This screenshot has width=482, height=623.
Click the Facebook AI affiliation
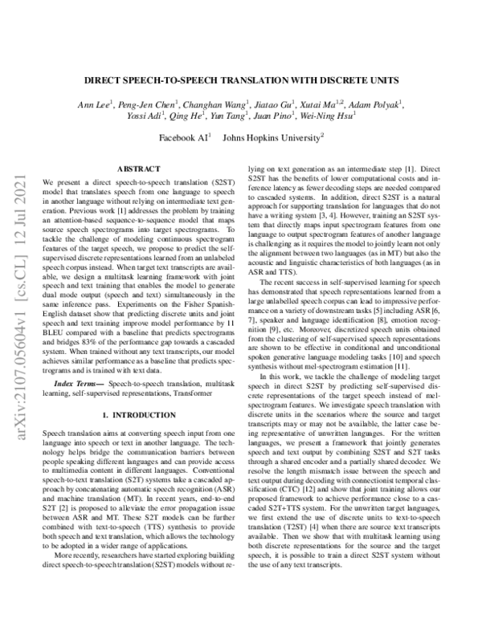pyautogui.click(x=183, y=139)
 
